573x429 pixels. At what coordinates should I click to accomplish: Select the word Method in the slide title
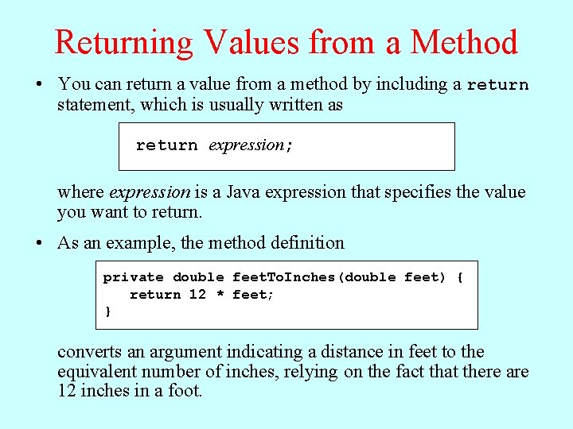(x=464, y=42)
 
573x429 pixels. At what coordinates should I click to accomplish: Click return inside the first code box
(x=166, y=145)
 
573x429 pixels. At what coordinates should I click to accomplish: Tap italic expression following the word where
(x=149, y=192)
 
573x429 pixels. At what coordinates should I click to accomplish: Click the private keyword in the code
(x=133, y=277)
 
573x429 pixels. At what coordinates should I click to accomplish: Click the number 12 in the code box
(x=197, y=295)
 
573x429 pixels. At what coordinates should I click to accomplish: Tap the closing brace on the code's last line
(x=108, y=311)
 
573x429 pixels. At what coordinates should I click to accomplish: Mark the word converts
(x=88, y=352)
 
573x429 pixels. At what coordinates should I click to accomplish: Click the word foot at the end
(x=184, y=391)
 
